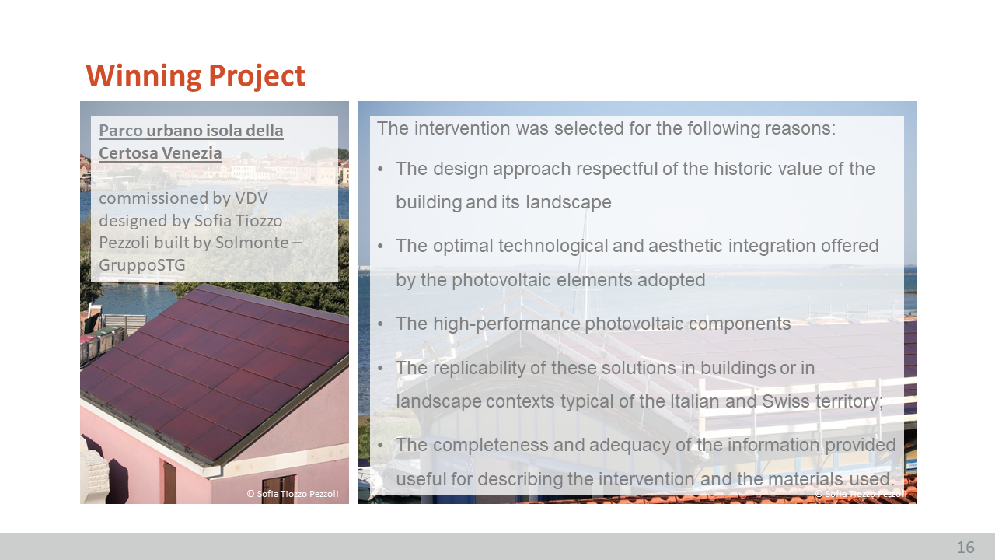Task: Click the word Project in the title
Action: [257, 76]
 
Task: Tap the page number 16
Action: [965, 547]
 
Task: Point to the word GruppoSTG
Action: [141, 265]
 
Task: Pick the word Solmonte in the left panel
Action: [252, 243]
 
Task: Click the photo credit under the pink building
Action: [292, 494]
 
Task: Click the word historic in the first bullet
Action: [742, 169]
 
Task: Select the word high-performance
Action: [506, 324]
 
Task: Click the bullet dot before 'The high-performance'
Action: [380, 324]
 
